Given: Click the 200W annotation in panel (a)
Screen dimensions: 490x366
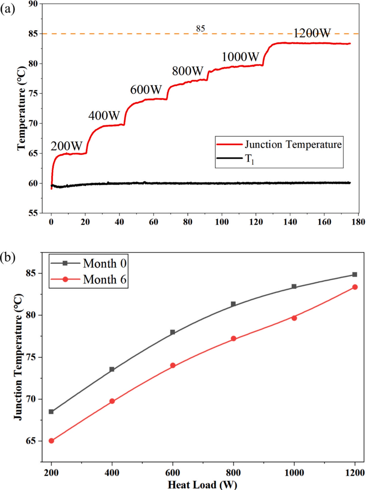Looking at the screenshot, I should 66,146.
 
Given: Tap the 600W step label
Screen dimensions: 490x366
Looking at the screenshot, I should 146,90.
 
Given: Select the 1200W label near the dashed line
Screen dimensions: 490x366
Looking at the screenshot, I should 312,33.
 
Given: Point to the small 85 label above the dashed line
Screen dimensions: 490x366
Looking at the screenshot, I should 200,29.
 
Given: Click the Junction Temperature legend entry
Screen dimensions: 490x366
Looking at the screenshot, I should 293,144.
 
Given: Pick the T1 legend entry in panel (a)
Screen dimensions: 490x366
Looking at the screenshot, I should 249,159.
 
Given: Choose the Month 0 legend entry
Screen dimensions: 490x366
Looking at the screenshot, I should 105,264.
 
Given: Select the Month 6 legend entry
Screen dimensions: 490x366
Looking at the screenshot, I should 105,279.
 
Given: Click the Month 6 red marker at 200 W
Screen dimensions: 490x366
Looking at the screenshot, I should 51,441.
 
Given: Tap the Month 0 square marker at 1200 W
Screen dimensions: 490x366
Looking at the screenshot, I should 355,275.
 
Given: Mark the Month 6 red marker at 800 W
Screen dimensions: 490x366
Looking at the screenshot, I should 234,338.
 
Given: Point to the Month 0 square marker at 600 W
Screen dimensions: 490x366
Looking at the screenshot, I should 173,332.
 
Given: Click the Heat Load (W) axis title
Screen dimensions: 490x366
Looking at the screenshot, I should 202,485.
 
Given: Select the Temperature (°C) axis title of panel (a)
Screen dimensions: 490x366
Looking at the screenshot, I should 21,108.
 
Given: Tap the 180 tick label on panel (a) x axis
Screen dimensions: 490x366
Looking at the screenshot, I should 358,222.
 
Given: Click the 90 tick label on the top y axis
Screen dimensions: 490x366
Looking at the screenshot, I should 33,4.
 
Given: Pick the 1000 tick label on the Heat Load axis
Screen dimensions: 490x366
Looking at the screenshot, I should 294,473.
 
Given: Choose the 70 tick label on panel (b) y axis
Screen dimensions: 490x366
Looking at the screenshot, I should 31,399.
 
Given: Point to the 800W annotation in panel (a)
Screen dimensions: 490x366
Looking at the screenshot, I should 188,71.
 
